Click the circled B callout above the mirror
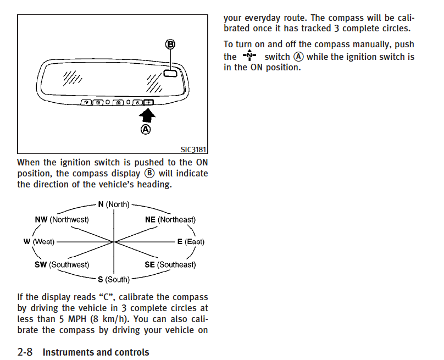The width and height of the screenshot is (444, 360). pyautogui.click(x=170, y=45)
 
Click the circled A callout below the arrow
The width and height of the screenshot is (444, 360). pyautogui.click(x=146, y=130)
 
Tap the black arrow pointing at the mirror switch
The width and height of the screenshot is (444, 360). pyautogui.click(x=147, y=115)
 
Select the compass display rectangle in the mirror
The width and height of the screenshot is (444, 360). pyautogui.click(x=170, y=73)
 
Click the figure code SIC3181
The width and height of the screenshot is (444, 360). pyautogui.click(x=193, y=149)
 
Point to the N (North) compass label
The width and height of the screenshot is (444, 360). pyautogui.click(x=114, y=204)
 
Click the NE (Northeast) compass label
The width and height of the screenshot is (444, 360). pyautogui.click(x=170, y=219)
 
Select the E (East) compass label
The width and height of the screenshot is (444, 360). pyautogui.click(x=191, y=242)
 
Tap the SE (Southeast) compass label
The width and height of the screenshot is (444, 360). pyautogui.click(x=170, y=264)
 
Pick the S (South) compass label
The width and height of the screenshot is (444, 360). pyautogui.click(x=114, y=280)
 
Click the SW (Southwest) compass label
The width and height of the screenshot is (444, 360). pyautogui.click(x=62, y=264)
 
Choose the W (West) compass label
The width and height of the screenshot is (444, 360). pyautogui.click(x=39, y=242)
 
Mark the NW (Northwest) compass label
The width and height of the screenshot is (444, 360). pyautogui.click(x=62, y=219)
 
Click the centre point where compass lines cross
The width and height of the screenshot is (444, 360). pyautogui.click(x=114, y=242)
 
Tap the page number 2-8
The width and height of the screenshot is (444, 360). pyautogui.click(x=25, y=352)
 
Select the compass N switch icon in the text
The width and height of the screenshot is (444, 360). pyautogui.click(x=249, y=55)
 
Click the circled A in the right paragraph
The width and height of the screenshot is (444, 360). pyautogui.click(x=298, y=57)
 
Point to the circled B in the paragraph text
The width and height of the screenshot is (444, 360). pyautogui.click(x=149, y=173)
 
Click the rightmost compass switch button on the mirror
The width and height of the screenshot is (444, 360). pyautogui.click(x=148, y=102)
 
